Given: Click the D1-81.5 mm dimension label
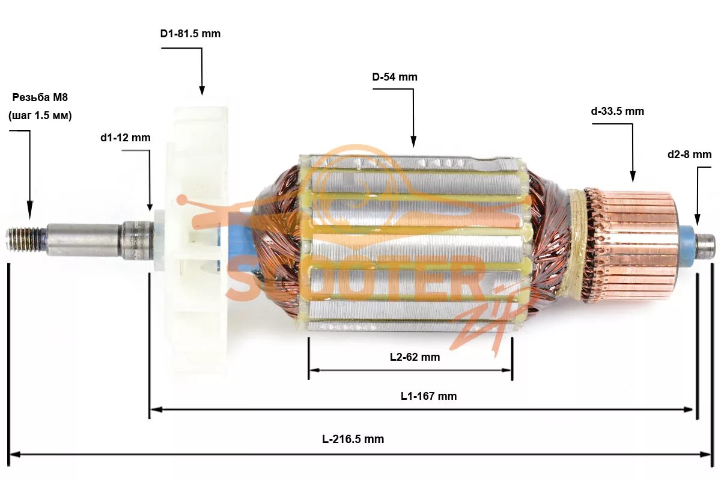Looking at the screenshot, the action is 190,34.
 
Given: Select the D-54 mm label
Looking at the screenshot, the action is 394,77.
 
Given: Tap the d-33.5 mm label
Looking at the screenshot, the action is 617,111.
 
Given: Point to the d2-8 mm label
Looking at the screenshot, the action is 689,155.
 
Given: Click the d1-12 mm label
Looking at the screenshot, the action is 125,138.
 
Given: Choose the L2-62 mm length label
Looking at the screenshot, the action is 415,357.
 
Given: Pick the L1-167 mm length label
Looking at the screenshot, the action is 428,396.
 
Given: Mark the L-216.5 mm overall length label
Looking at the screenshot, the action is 353,440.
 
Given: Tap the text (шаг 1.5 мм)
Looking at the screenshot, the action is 40,116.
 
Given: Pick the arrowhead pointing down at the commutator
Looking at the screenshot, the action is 632,177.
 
